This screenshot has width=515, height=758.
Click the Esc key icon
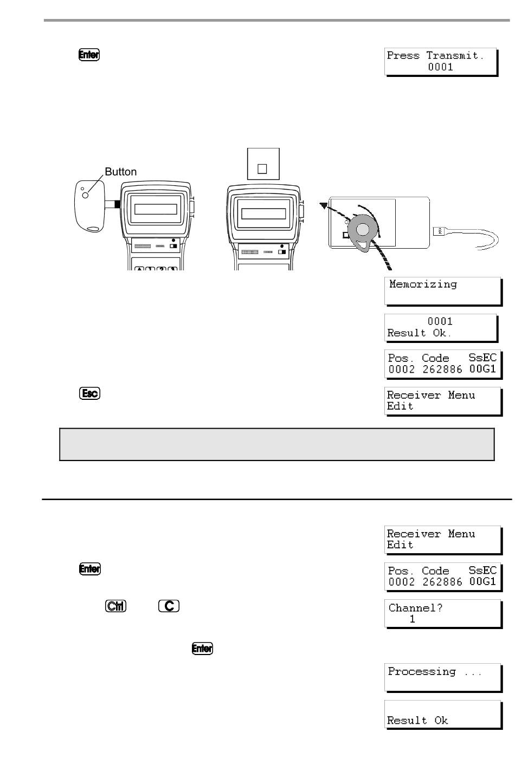pyautogui.click(x=89, y=393)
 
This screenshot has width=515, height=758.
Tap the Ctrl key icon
pyautogui.click(x=115, y=606)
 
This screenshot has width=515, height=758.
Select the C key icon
pyautogui.click(x=169, y=606)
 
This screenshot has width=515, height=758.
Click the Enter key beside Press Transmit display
pyautogui.click(x=89, y=55)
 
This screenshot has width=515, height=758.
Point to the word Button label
pyautogui.click(x=120, y=172)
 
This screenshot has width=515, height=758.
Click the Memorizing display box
pyautogui.click(x=443, y=291)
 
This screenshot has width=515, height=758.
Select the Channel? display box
pyautogui.click(x=443, y=613)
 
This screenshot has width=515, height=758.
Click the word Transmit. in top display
pyautogui.click(x=455, y=55)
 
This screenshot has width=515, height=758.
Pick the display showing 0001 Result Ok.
pyautogui.click(x=441, y=328)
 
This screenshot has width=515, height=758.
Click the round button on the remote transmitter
pyautogui.click(x=85, y=195)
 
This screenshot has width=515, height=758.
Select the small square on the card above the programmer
pyautogui.click(x=262, y=169)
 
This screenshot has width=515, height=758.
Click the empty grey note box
pyautogui.click(x=276, y=444)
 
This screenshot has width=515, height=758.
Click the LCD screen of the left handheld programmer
pyautogui.click(x=156, y=209)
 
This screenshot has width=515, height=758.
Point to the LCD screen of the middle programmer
pyautogui.click(x=263, y=214)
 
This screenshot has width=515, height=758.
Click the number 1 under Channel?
pyautogui.click(x=412, y=619)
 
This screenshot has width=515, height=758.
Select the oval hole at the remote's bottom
pyautogui.click(x=93, y=229)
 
